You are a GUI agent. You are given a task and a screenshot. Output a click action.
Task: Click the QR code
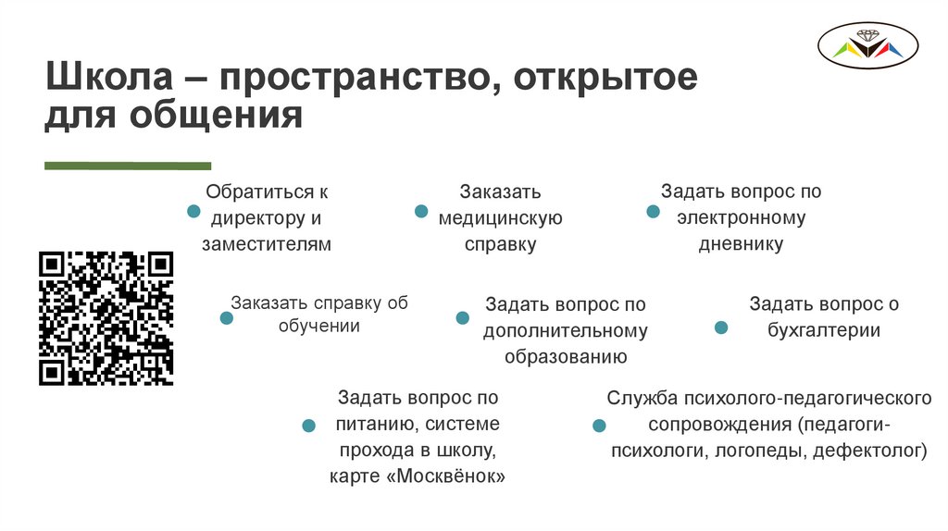pos(106,317)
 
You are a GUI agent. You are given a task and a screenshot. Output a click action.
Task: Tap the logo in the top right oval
pos(867,45)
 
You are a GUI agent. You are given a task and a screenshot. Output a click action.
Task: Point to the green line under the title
pos(128,166)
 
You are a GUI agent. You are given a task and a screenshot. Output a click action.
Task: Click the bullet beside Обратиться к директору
pos(193,212)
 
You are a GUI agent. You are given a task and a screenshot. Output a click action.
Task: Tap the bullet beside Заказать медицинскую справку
pos(420,212)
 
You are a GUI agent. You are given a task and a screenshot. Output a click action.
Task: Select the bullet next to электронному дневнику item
pos(653,212)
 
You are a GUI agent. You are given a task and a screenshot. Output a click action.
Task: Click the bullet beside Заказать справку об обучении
pos(226,318)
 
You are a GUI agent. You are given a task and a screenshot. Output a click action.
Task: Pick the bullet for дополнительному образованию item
pos(462,318)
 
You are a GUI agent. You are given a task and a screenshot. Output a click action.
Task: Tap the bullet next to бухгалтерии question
pos(721,327)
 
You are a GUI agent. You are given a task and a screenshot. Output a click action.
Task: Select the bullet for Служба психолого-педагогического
pos(598,426)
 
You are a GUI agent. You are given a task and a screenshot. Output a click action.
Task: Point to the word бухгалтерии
pos(823,330)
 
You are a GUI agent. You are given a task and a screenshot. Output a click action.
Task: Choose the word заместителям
pos(267,244)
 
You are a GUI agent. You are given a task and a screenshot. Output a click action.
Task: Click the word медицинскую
pos(501,219)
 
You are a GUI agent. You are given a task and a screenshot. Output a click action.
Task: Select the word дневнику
pos(741,244)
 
